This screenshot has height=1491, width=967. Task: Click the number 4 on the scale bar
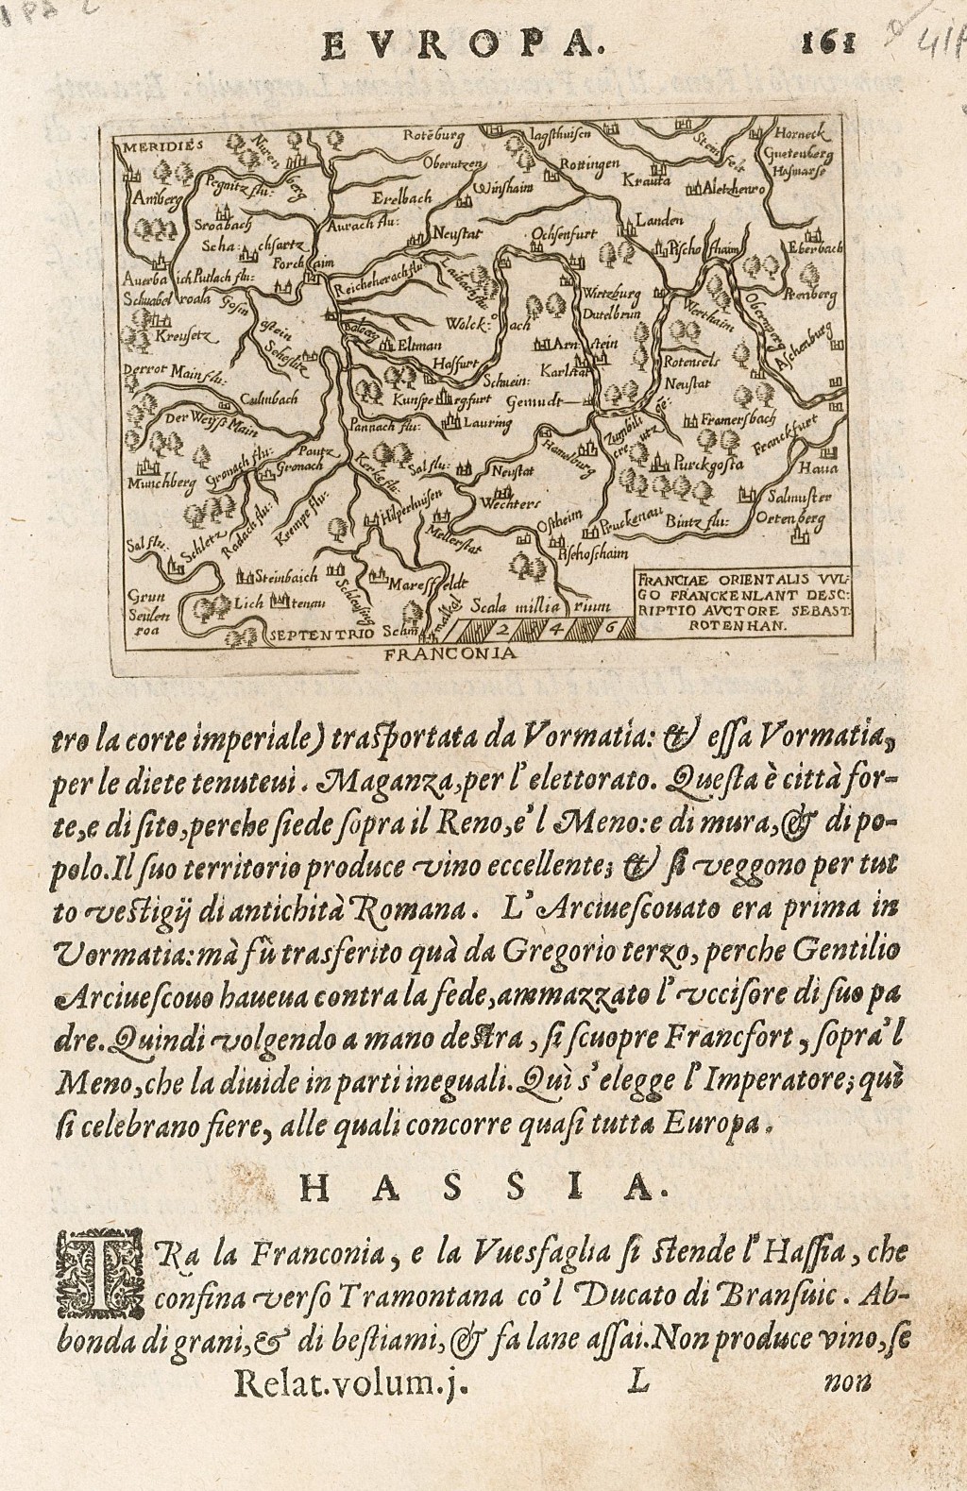555,624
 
